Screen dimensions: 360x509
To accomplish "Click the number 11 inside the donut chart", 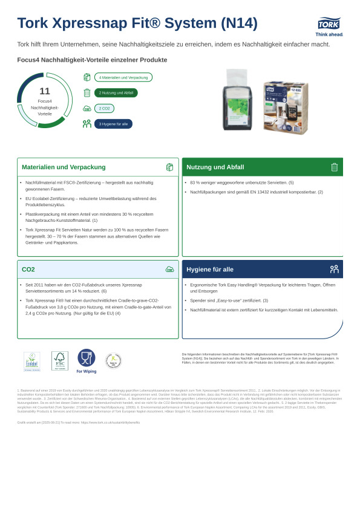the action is pyautogui.click(x=44, y=91).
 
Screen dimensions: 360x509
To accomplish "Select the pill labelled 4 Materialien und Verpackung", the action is pyautogui.click(x=123, y=77).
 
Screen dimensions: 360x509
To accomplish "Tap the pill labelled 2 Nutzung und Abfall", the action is pyautogui.click(x=116, y=92).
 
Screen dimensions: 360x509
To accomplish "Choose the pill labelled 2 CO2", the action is pyautogui.click(x=104, y=108).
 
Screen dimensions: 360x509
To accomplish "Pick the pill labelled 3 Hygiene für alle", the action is pyautogui.click(x=113, y=124).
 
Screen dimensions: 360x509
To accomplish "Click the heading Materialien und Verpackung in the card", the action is pyautogui.click(x=64, y=167).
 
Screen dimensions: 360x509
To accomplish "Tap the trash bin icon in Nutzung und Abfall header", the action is pyautogui.click(x=334, y=167).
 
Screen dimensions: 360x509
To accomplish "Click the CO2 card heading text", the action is pyautogui.click(x=28, y=269).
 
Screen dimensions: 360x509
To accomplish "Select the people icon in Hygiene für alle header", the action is pyautogui.click(x=334, y=269).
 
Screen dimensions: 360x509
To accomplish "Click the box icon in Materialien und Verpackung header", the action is pyautogui.click(x=169, y=167).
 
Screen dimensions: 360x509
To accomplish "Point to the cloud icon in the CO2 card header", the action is pyautogui.click(x=169, y=269).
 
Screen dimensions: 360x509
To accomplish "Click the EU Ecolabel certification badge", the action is pyautogui.click(x=32, y=361).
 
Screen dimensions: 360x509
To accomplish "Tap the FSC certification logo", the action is pyautogui.click(x=59, y=361).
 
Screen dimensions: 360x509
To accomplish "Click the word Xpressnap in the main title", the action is pyautogui.click(x=103, y=23).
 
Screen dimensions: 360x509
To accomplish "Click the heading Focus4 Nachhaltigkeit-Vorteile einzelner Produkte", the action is pyautogui.click(x=92, y=60).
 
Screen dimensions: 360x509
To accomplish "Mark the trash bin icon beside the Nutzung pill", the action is pyautogui.click(x=87, y=92).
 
